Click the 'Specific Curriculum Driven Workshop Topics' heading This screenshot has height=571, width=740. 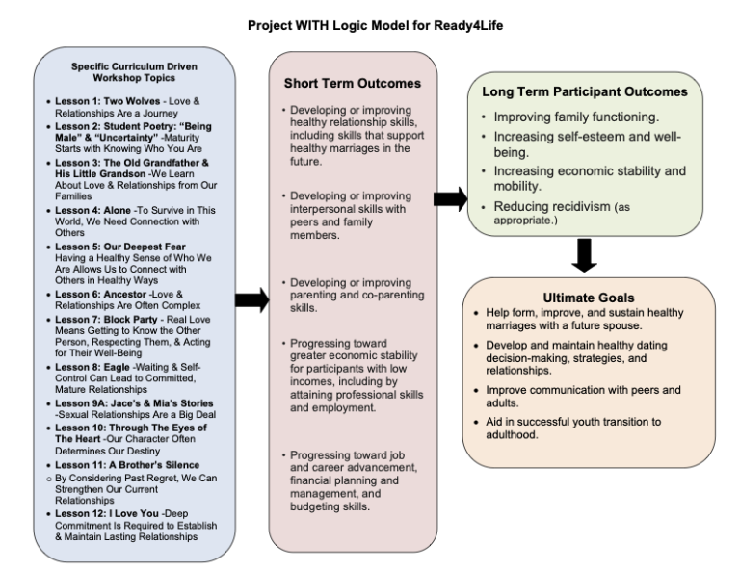[119, 73]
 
